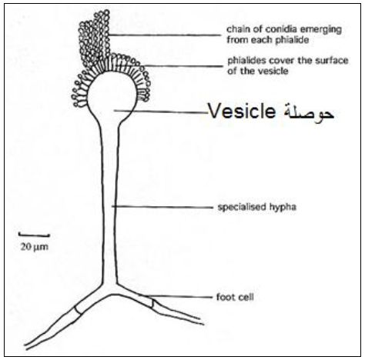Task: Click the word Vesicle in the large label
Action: (x=242, y=112)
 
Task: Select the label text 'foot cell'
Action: (x=235, y=297)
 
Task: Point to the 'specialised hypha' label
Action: (x=257, y=207)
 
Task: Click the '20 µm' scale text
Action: (x=34, y=247)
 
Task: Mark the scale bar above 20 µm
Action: (x=34, y=235)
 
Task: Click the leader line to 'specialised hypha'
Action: (x=162, y=207)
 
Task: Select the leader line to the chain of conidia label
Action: (x=164, y=35)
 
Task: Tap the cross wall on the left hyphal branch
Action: (x=79, y=309)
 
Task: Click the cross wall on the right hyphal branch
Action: (x=152, y=303)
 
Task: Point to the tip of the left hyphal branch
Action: (x=25, y=347)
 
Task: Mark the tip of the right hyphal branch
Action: (x=202, y=322)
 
